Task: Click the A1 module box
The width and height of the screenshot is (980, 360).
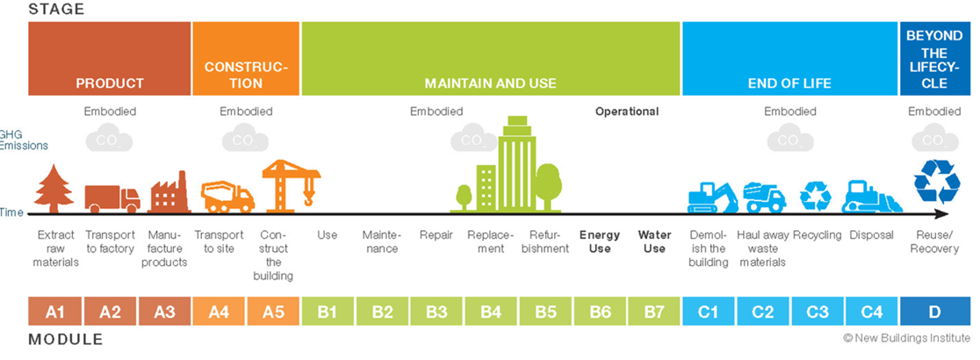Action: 54,312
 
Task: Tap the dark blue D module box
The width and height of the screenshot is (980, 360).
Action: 934,312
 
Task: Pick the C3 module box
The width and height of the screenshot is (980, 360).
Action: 817,312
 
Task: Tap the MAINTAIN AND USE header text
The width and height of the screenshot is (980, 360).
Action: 491,83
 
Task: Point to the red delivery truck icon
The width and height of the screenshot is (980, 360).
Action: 112,198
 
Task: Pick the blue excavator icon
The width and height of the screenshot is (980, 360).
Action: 712,197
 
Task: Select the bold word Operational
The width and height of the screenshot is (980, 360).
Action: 626,112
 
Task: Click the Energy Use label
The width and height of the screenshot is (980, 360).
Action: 600,241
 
